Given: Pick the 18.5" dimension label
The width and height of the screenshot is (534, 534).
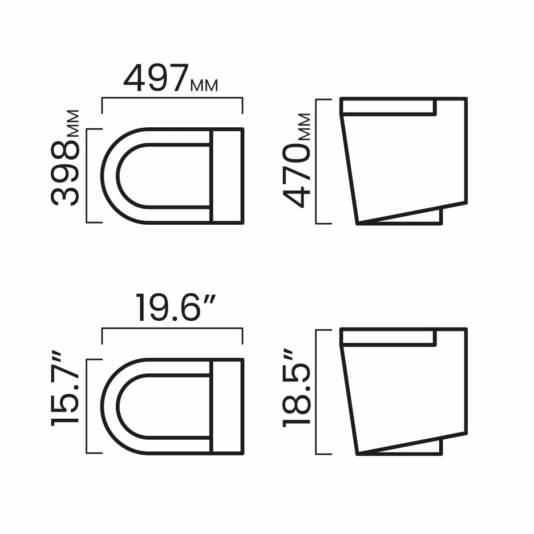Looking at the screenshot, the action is pyautogui.click(x=296, y=390).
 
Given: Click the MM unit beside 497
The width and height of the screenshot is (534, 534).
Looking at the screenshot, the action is pyautogui.click(x=204, y=85).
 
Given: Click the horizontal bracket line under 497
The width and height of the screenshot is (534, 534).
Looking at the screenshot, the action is pyautogui.click(x=172, y=98).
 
